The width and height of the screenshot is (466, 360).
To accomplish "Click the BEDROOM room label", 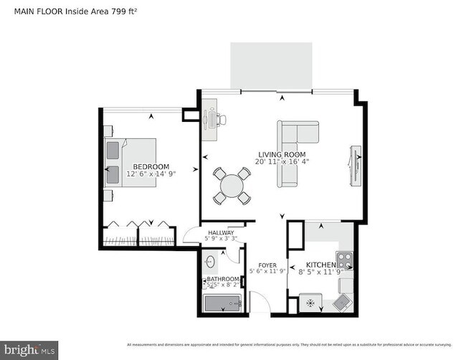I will pos(151,166).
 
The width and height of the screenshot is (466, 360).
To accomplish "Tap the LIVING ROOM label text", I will pos(282,155).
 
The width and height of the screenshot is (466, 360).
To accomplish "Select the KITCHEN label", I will pos(320,265).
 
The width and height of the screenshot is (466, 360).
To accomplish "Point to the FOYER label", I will pos(267,265).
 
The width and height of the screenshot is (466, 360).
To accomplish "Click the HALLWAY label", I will pos(222,232).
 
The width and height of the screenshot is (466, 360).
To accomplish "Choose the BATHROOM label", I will pos(223,279).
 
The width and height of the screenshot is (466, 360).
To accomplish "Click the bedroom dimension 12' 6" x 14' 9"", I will pos(151,174).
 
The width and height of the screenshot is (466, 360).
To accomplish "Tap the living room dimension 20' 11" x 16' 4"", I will pos(282,163).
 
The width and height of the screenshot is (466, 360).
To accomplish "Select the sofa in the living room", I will pos(295,153).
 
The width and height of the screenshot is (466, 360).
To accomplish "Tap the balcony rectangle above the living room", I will pos(272,66).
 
